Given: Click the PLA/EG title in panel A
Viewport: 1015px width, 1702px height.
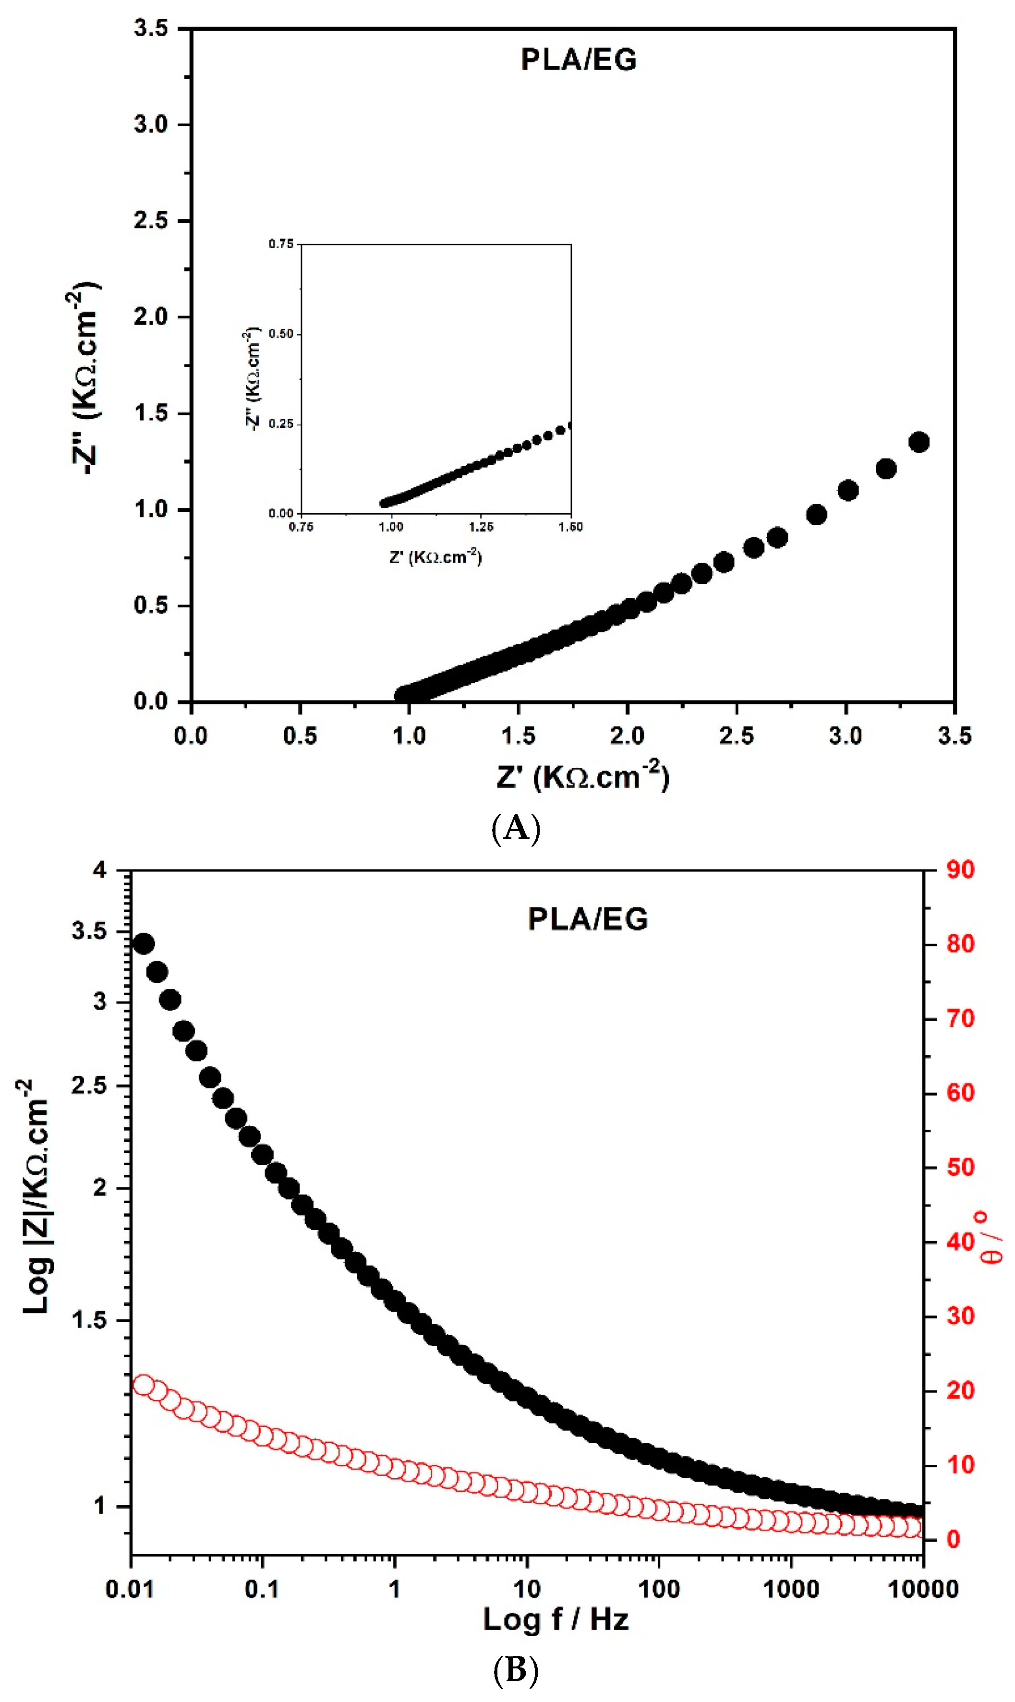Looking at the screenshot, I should pyautogui.click(x=579, y=60).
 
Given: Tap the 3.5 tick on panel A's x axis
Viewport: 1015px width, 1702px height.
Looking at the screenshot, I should pyautogui.click(x=954, y=736).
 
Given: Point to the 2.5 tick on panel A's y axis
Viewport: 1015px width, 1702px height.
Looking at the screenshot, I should pyautogui.click(x=151, y=221).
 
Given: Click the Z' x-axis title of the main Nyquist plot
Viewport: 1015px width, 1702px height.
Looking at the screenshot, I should pyautogui.click(x=583, y=776).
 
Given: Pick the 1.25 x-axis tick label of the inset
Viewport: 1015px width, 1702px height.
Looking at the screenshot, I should pyautogui.click(x=481, y=527).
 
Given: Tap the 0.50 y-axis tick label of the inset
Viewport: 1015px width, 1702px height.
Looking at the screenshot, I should pyautogui.click(x=280, y=334).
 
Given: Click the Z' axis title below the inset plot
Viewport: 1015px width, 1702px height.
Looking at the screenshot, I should pyautogui.click(x=435, y=556).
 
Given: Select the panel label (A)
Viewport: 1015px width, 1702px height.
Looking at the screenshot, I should pyautogui.click(x=516, y=828).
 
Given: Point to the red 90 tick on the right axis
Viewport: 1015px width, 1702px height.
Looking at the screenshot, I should pyautogui.click(x=960, y=870).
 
